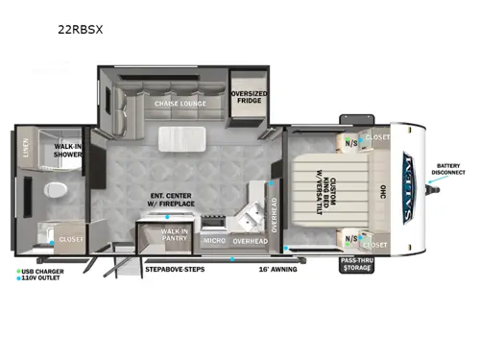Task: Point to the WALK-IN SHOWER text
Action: [x=66, y=151]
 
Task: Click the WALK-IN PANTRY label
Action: [x=175, y=235]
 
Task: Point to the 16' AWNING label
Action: [x=278, y=270]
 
